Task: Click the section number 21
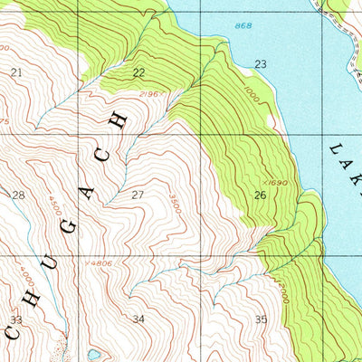tap(16, 71)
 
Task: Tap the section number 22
tap(138, 72)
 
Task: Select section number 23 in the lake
tap(261, 64)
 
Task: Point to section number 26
tap(259, 195)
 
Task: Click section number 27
tap(138, 195)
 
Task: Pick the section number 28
tap(18, 195)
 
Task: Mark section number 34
tap(138, 319)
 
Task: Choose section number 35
tap(261, 319)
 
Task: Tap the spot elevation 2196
tap(150, 93)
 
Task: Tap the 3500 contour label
tap(176, 204)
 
